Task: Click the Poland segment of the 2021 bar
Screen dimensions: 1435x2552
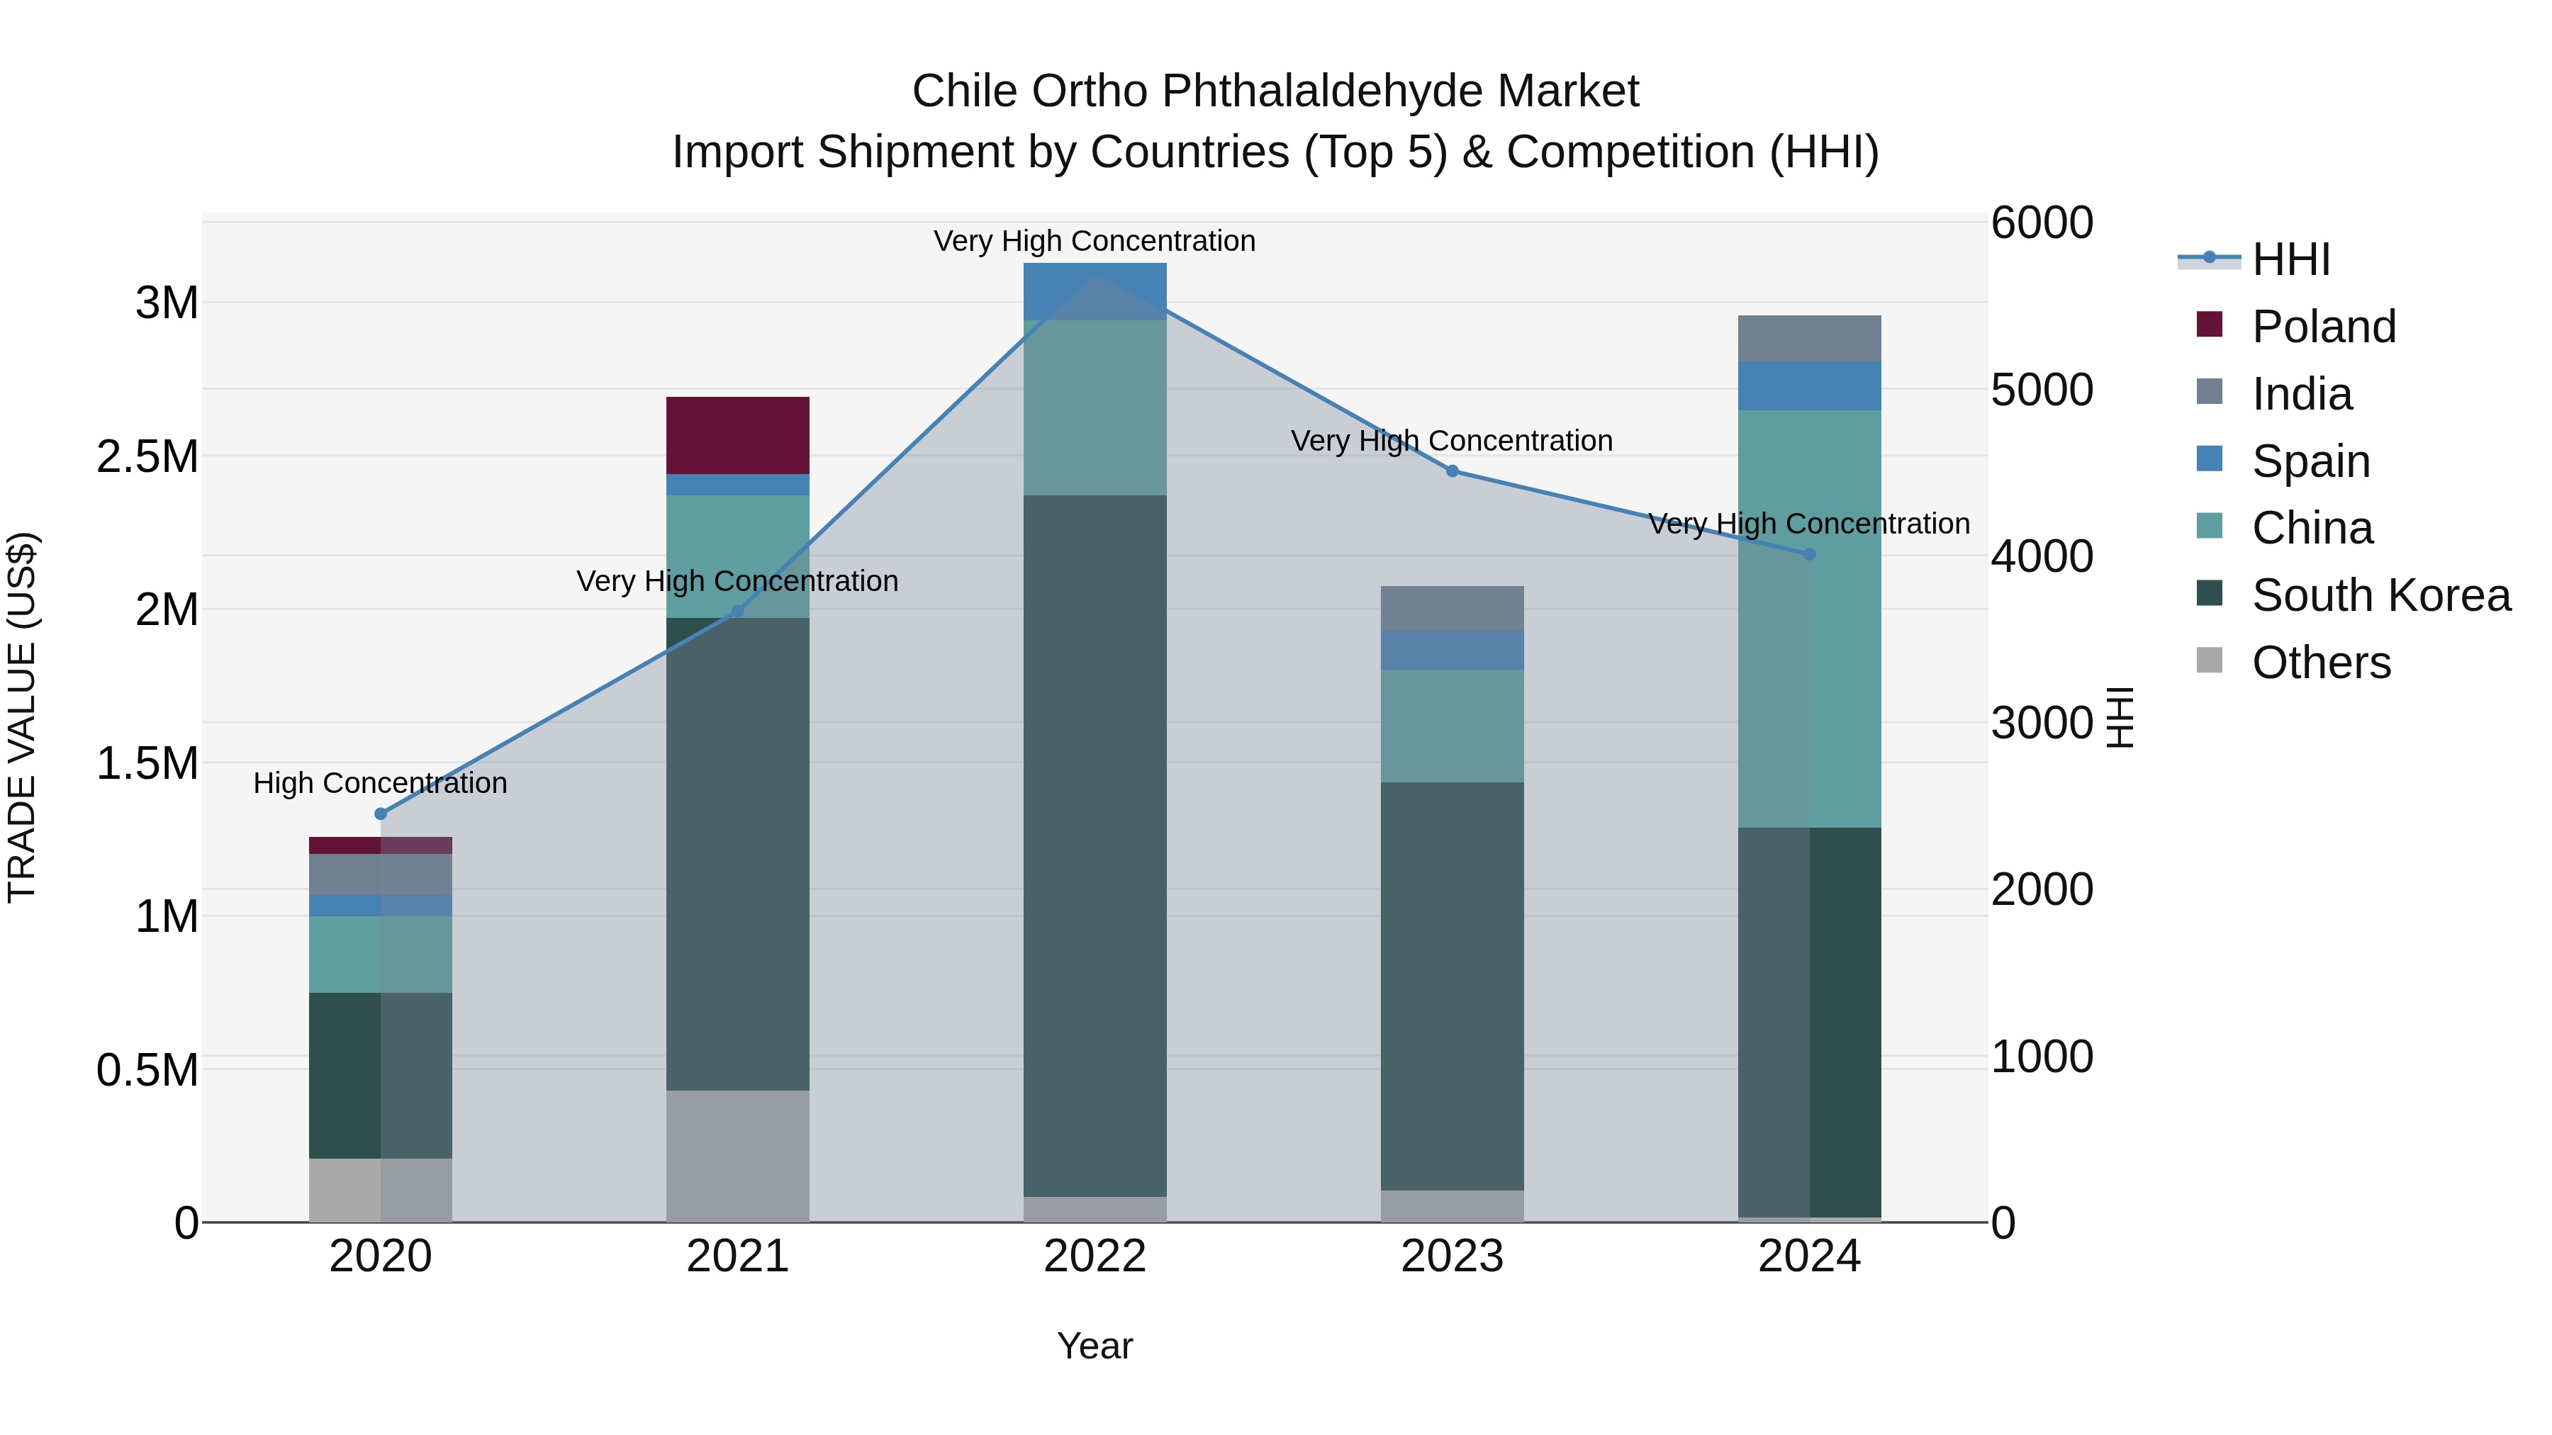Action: click(737, 435)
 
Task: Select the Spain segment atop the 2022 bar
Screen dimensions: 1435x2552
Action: click(1094, 291)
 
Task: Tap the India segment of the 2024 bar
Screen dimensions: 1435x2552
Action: click(1809, 339)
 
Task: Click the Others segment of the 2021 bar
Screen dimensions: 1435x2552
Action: click(737, 1156)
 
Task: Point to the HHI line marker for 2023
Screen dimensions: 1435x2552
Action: click(1453, 471)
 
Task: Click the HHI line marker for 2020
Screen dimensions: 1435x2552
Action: click(381, 814)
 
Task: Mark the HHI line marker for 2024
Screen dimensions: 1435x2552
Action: click(1810, 555)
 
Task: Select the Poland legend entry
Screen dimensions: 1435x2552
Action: click(2322, 327)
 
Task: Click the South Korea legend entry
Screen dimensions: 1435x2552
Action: click(2380, 595)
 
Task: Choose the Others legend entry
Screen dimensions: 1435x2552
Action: click(2320, 663)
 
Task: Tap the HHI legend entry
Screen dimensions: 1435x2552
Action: click(2290, 259)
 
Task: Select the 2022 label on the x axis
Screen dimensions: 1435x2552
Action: click(1095, 1256)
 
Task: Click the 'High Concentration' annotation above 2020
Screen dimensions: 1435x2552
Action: click(381, 783)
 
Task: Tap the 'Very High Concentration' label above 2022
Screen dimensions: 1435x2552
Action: click(1095, 241)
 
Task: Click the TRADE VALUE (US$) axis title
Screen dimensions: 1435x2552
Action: click(22, 717)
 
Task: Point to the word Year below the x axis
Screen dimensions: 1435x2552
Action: click(1095, 1346)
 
